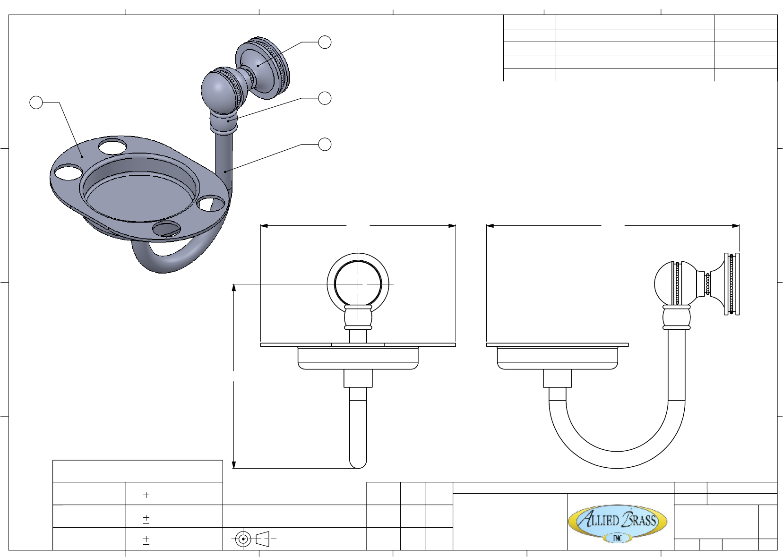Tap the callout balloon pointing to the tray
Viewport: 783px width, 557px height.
point(36,103)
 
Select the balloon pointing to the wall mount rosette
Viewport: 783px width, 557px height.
point(325,42)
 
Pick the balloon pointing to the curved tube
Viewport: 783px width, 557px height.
point(325,144)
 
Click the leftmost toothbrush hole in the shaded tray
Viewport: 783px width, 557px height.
point(69,172)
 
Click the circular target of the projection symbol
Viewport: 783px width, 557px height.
point(243,539)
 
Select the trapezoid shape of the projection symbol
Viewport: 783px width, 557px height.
point(263,539)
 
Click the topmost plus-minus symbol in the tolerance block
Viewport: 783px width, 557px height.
point(146,496)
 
